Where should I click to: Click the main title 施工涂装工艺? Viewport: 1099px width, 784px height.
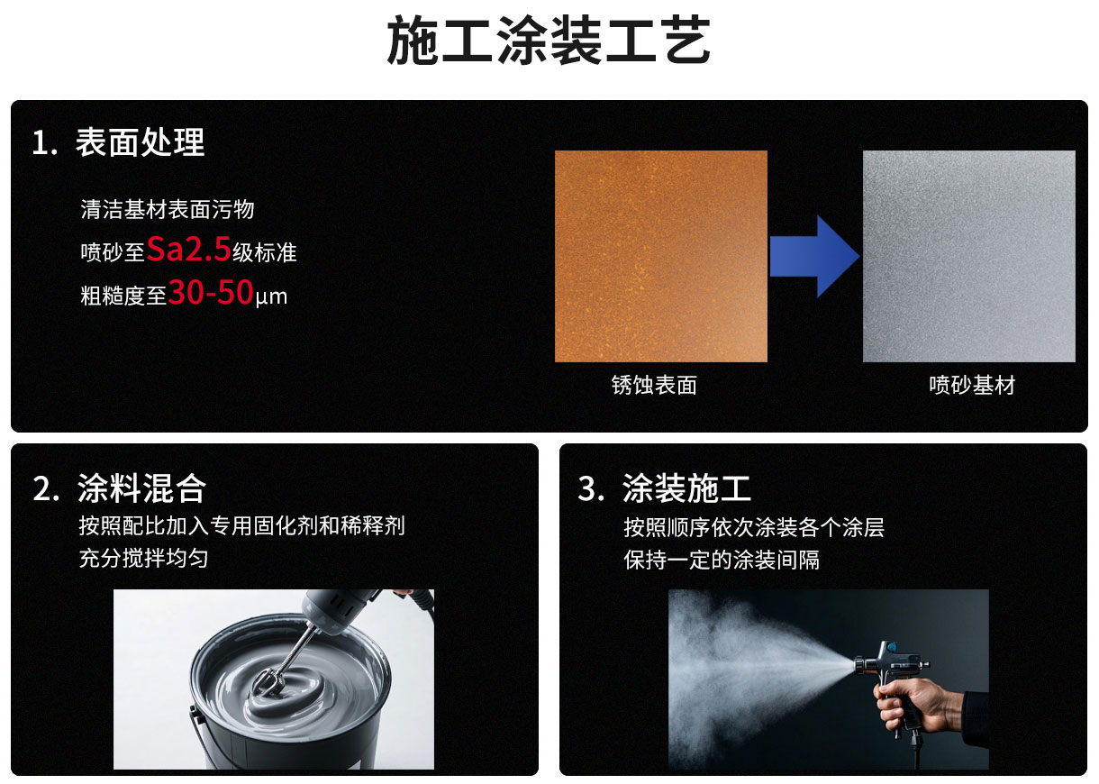pos(549,41)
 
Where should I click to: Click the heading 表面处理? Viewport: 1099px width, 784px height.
pos(140,142)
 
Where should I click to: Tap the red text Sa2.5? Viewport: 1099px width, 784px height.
pos(189,249)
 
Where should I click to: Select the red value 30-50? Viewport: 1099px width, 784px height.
pos(211,292)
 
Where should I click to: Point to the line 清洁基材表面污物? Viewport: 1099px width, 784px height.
pos(168,209)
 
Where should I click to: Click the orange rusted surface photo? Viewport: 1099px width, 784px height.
pos(661,256)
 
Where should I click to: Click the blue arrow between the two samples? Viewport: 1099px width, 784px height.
pos(814,256)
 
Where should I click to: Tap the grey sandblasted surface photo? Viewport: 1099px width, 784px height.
pos(969,256)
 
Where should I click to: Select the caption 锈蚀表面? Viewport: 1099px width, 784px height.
pos(654,386)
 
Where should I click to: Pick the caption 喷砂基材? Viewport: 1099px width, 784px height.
pos(972,386)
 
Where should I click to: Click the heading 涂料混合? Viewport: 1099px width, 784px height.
pos(141,488)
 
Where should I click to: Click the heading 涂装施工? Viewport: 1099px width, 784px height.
pos(686,488)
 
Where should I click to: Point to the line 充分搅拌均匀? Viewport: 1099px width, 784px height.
pos(144,558)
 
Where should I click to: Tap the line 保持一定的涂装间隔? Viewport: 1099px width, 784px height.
pos(722,560)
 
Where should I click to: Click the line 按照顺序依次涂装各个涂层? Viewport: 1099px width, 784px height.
pos(754,527)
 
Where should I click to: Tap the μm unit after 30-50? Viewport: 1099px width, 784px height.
pos(271,296)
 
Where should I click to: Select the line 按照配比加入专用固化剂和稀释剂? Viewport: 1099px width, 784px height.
pos(242,525)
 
